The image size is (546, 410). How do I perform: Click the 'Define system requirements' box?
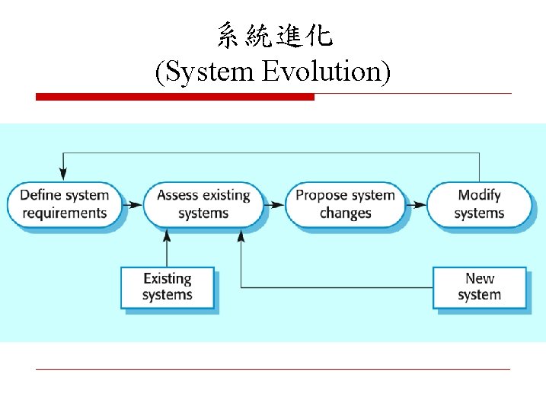[x=64, y=203]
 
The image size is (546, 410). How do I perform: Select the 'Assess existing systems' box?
[x=203, y=203]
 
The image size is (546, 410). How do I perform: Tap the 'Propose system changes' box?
[x=345, y=203]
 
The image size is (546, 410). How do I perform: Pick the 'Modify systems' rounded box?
[x=479, y=203]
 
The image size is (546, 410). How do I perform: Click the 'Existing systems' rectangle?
[x=168, y=287]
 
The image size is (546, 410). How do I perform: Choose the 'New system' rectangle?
[x=479, y=287]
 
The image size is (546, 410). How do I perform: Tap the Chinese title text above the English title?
[x=274, y=35]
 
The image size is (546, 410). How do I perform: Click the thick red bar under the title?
[x=175, y=97]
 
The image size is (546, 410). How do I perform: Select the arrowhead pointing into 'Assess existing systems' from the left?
[x=137, y=204]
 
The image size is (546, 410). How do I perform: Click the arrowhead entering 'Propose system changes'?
[x=279, y=204]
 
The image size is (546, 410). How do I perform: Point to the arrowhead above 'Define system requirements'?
[x=64, y=175]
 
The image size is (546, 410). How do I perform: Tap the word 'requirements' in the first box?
[x=65, y=213]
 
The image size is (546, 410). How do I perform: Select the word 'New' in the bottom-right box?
[x=480, y=278]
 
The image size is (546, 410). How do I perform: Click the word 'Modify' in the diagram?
[x=480, y=195]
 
